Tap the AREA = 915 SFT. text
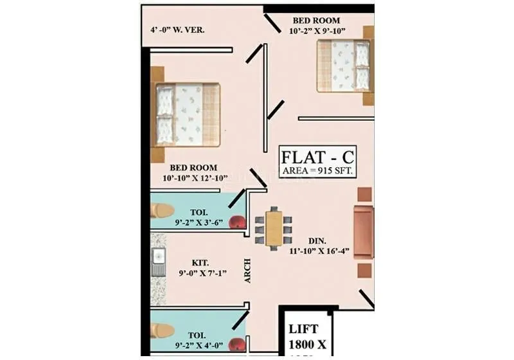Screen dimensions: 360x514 (317, 171)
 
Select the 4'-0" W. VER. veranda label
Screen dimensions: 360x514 (177, 30)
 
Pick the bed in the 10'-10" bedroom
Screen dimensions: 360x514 (186, 114)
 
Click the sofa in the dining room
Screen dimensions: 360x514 (364, 232)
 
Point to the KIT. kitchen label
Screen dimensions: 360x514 (200, 263)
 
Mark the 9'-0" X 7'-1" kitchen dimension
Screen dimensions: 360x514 (200, 274)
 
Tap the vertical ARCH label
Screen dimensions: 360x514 (247, 270)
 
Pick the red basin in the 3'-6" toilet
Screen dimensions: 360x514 (239, 223)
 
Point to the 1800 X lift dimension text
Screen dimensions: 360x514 (307, 343)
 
